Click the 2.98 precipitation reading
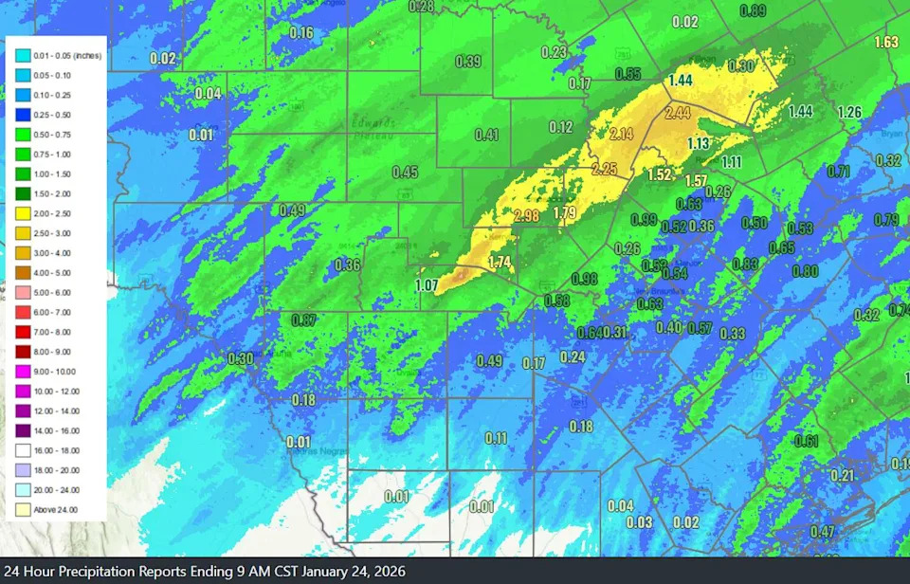(526, 217)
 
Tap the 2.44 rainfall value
(678, 114)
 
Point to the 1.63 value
(886, 43)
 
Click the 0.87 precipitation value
(303, 320)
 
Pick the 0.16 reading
(300, 33)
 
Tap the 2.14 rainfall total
(622, 134)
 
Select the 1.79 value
(564, 212)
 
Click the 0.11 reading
(496, 438)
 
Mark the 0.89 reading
(753, 11)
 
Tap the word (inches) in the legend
(86, 55)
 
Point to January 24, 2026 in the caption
(346, 572)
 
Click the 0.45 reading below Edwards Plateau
(405, 173)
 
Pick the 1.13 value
(699, 144)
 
